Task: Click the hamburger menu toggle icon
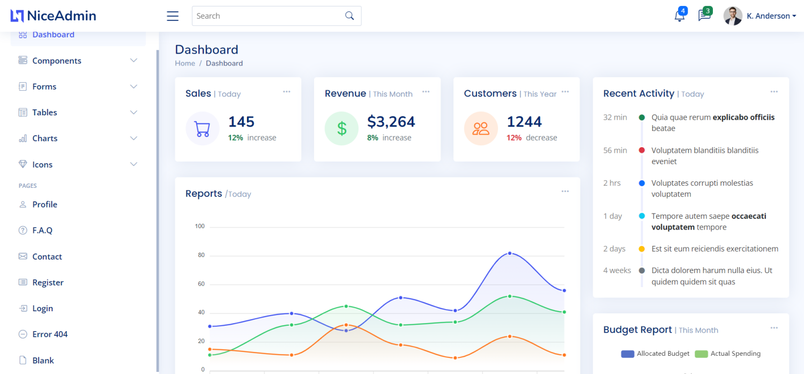pos(173,16)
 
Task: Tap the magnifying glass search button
pos(349,16)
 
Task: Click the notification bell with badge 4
pos(679,16)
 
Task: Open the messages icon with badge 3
pos(704,16)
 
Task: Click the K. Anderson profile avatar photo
pos(733,16)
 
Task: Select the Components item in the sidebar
pos(57,61)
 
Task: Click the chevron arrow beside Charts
pos(133,138)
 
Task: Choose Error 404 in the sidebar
pos(50,334)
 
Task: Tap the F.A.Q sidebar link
pos(42,230)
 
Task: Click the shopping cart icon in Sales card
pos(203,129)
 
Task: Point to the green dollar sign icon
pos(341,129)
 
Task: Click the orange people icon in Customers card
pos(481,129)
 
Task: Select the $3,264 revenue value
pos(391,122)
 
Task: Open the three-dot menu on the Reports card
pos(565,192)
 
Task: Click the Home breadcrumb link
pos(185,63)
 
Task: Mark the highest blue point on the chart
pos(510,253)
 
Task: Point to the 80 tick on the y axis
pos(202,255)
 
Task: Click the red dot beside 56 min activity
pos(642,150)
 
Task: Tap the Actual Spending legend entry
pos(728,354)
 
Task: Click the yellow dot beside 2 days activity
pos(642,249)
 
